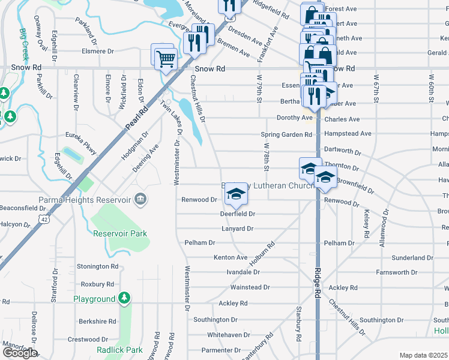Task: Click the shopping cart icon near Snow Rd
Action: pyautogui.click(x=166, y=59)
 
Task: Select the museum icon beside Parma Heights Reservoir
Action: pyautogui.click(x=140, y=199)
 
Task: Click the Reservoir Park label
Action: pyautogui.click(x=120, y=233)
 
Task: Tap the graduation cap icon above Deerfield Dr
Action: pyautogui.click(x=237, y=194)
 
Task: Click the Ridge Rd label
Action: pyautogui.click(x=316, y=283)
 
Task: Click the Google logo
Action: pyautogui.click(x=19, y=353)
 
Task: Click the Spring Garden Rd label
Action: pyautogui.click(x=286, y=134)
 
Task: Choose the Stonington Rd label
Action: pyautogui.click(x=98, y=266)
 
